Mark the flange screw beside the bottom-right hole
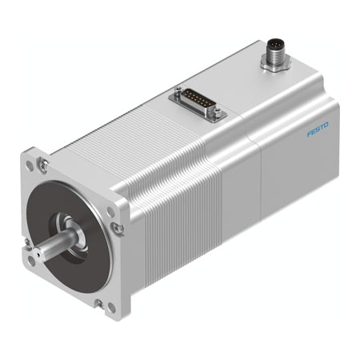[98, 302]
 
